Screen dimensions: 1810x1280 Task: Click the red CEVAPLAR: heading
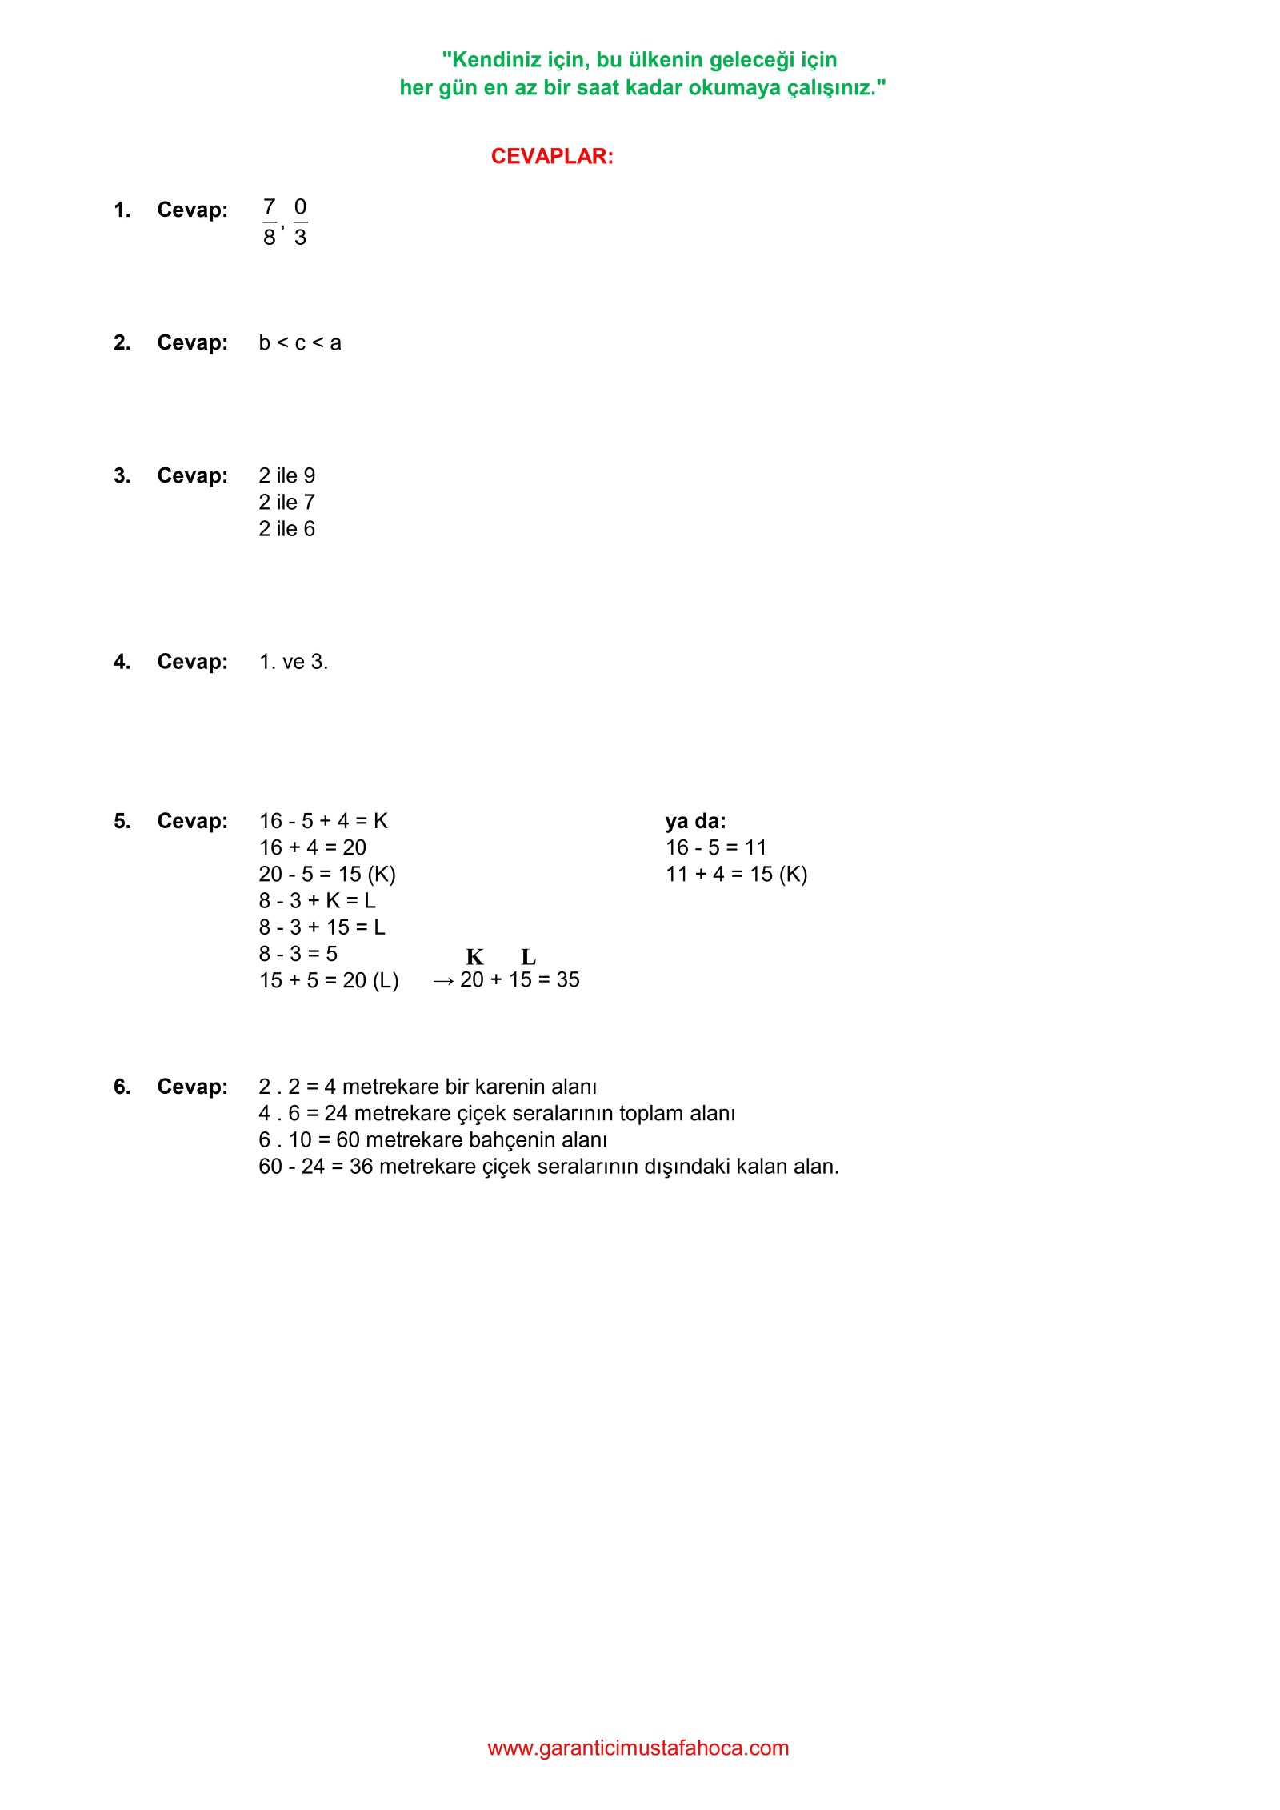[552, 156]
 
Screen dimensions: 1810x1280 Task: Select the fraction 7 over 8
[270, 222]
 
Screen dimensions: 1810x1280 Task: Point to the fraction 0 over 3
[300, 222]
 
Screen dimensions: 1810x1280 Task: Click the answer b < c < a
[300, 343]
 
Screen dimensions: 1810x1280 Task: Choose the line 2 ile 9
[286, 476]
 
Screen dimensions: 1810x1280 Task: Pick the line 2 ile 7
[286, 503]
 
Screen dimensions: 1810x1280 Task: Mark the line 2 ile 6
[286, 529]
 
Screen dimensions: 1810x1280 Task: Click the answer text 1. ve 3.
[294, 662]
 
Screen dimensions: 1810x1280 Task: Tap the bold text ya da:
[695, 821]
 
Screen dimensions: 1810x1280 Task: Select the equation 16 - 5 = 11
[716, 847]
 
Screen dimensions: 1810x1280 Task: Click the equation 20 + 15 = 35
[520, 979]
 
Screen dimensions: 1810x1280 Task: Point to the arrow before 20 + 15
[442, 981]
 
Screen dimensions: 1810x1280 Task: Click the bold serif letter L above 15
[529, 957]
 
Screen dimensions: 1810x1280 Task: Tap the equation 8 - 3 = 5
[298, 954]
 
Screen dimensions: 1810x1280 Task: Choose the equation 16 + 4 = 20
[312, 847]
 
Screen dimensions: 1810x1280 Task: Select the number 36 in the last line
[361, 1167]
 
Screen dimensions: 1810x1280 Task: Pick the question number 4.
[122, 662]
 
